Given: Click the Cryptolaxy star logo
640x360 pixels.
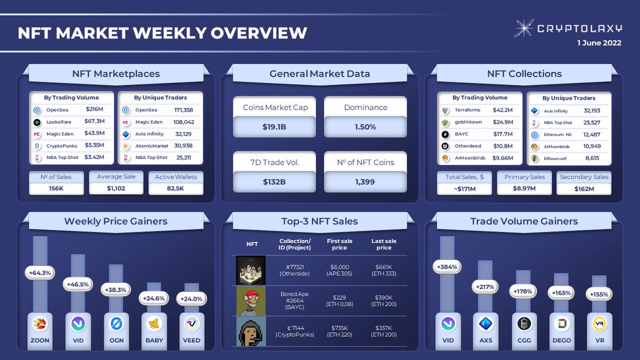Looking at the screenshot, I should [526, 28].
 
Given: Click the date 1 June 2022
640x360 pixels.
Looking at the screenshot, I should [599, 44].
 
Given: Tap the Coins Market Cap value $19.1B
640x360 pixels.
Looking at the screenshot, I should [275, 127].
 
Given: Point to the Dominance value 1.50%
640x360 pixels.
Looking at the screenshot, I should [365, 127].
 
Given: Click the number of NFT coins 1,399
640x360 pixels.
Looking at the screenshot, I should [365, 182].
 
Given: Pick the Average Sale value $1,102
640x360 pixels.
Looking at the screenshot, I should [116, 188].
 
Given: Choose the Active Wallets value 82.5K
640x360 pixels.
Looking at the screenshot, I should [175, 188].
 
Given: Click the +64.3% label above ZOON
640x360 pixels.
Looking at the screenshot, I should [40, 273].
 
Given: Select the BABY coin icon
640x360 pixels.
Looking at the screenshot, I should [154, 323].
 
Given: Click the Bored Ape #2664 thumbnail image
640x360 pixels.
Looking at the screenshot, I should [250, 301].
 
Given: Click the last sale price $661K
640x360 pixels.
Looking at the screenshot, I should [383, 267].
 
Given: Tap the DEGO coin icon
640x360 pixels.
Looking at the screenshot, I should [562, 323].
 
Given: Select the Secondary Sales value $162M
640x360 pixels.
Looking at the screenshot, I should [584, 188].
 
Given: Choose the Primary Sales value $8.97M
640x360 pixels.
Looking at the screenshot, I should [524, 188].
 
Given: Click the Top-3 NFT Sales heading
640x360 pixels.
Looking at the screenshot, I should [319, 221].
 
